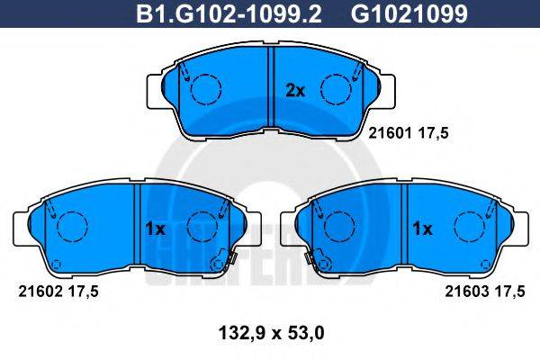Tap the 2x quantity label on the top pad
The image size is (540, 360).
(295, 89)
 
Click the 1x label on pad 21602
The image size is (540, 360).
(155, 229)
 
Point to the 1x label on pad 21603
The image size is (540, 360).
(422, 229)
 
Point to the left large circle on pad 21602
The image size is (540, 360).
(71, 225)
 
